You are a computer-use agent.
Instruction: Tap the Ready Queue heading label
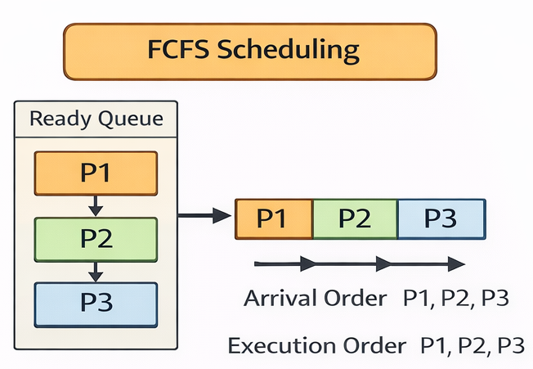[x=96, y=119]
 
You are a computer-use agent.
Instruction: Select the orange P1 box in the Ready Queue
[x=96, y=173]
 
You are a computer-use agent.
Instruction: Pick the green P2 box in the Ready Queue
[x=96, y=238]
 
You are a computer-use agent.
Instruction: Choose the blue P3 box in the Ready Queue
[x=96, y=304]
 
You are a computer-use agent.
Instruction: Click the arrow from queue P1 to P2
[x=96, y=205]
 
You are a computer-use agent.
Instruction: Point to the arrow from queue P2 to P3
[x=96, y=271]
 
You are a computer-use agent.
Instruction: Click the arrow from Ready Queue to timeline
[x=204, y=216]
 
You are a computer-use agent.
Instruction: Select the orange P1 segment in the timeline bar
[x=274, y=218]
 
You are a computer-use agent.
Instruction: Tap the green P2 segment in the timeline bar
[x=356, y=218]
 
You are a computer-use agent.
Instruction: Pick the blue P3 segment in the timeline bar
[x=441, y=218]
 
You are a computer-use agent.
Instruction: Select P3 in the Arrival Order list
[x=495, y=298]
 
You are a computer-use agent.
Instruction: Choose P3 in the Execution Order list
[x=510, y=345]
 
